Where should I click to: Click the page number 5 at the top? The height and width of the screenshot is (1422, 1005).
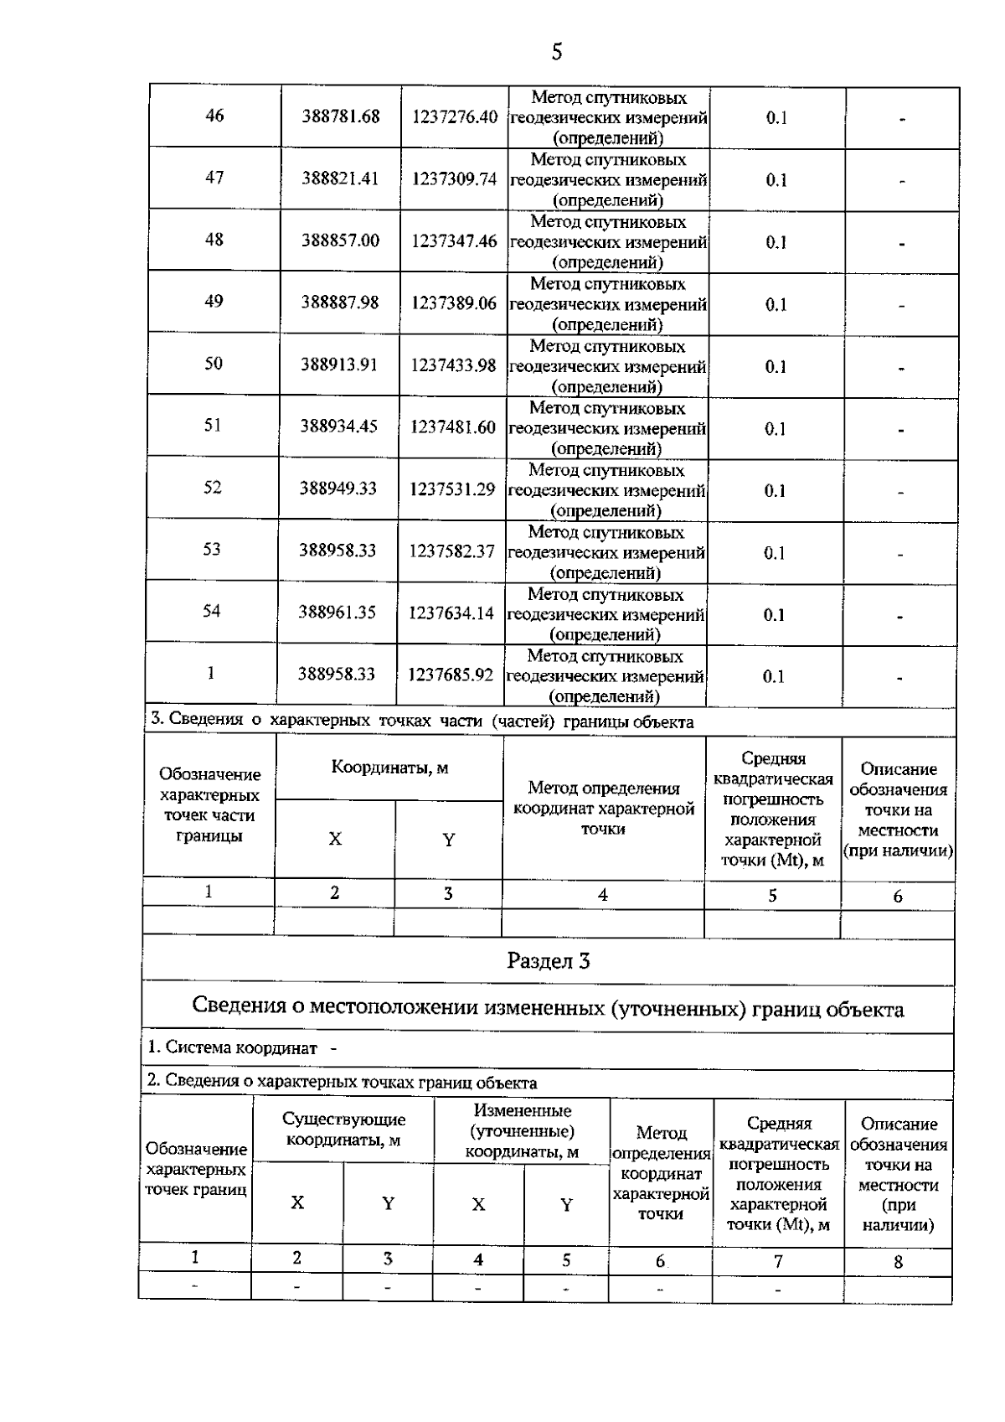coord(556,53)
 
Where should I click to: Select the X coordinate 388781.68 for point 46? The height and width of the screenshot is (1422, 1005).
coord(341,116)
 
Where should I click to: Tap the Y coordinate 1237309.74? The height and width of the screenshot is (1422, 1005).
coord(454,179)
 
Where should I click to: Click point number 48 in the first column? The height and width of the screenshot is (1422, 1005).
coord(214,240)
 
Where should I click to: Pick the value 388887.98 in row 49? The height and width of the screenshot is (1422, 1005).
coord(340,302)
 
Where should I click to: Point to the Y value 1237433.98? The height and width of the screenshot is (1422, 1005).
coord(453,365)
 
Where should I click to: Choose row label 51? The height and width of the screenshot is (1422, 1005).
coord(213,426)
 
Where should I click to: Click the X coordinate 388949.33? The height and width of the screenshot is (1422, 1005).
coord(338,489)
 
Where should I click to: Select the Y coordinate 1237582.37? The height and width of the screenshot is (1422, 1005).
coord(451,551)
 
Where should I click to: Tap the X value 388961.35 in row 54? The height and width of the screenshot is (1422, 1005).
coord(338,613)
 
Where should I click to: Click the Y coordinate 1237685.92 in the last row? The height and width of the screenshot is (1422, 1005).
coord(451,675)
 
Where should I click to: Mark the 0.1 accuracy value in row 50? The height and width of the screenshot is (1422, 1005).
coord(776,367)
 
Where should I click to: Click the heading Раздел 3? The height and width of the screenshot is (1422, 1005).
coord(549,961)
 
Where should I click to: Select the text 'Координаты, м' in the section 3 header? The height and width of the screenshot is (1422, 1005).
coord(389,768)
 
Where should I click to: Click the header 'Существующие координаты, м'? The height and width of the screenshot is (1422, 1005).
coord(343,1130)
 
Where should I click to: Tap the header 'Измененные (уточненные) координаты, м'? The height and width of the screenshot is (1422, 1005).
coord(522,1131)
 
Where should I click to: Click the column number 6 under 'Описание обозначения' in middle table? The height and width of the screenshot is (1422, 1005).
coord(898,897)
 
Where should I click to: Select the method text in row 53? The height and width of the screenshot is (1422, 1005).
coord(606,553)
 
